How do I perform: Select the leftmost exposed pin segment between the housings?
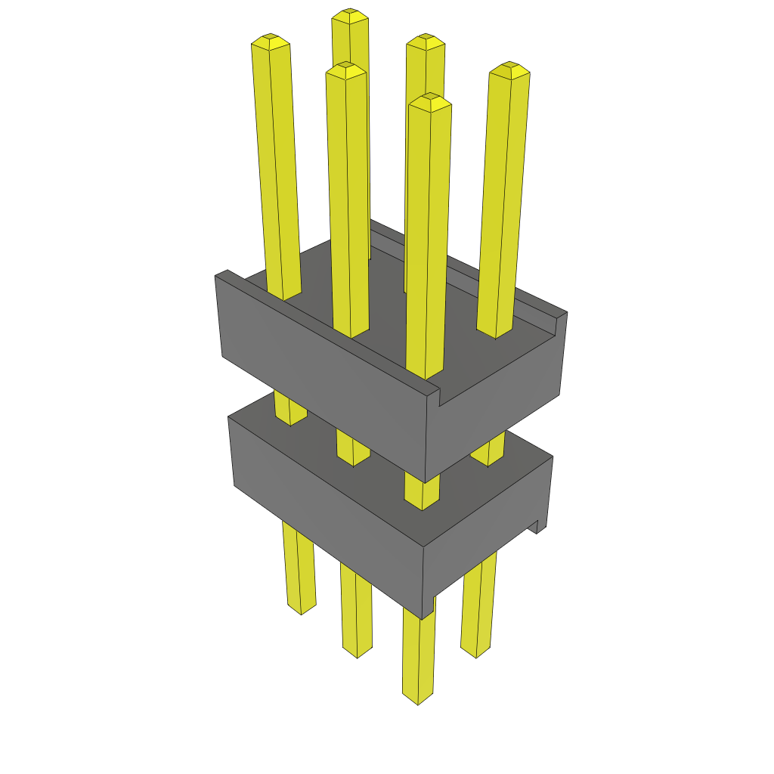[289, 408]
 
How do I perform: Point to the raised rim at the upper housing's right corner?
[560, 317]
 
